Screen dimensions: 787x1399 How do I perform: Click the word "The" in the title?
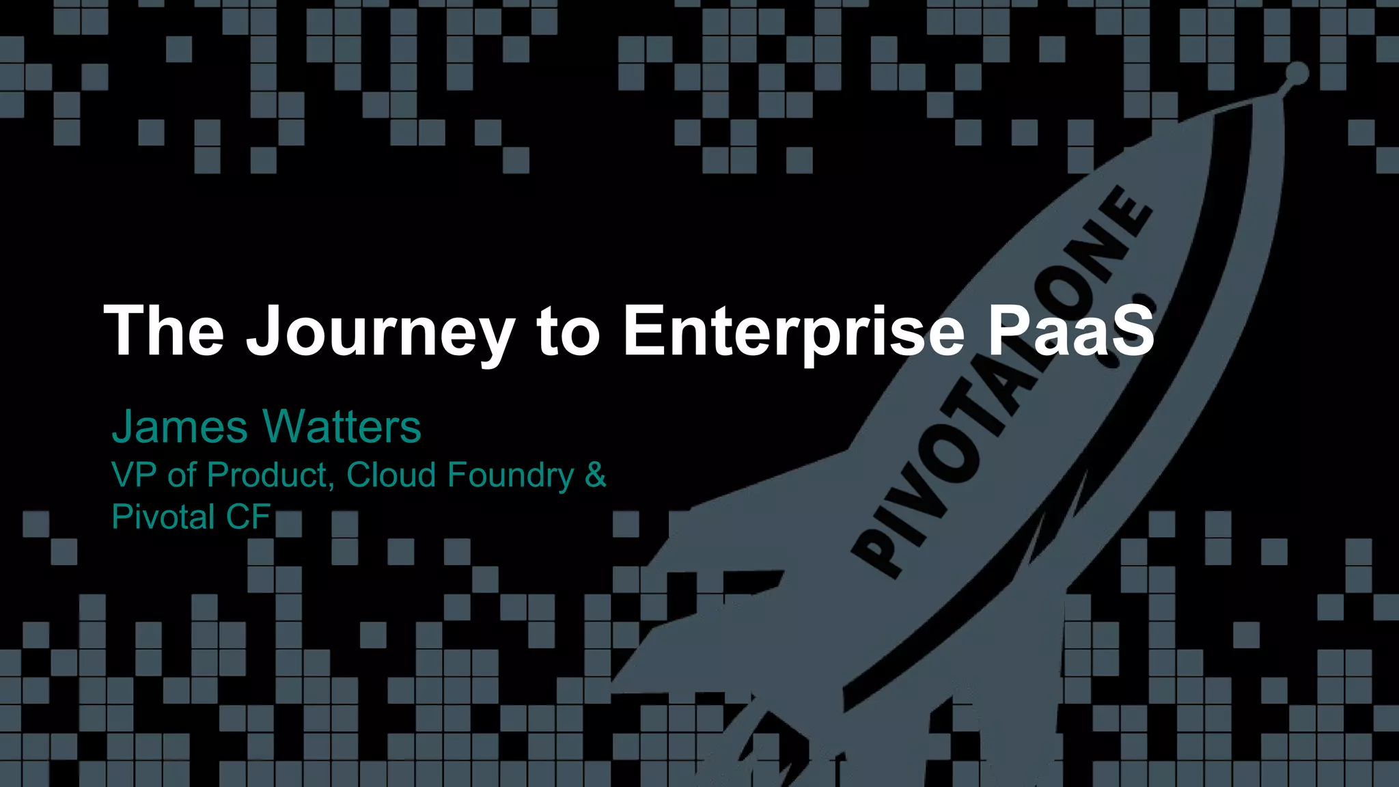point(164,331)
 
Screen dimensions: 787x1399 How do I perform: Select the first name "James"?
point(180,427)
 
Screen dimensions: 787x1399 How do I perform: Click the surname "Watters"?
point(342,427)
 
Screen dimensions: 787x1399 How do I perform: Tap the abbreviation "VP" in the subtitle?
point(135,475)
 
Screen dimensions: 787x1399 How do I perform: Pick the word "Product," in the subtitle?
point(271,475)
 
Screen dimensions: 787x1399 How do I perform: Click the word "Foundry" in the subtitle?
point(511,476)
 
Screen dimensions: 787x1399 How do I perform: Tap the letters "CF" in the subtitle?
point(249,516)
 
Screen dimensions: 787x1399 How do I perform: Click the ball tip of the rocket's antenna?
point(1297,73)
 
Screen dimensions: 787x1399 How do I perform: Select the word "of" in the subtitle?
point(182,475)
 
